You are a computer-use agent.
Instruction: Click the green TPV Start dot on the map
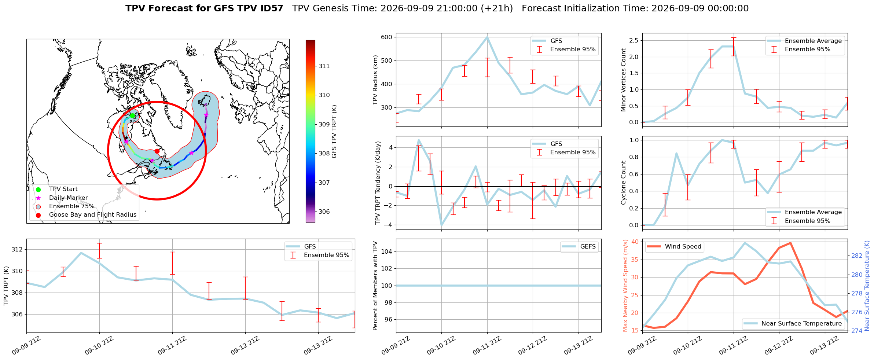[x=132, y=115]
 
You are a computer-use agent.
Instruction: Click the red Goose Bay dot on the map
[x=157, y=151]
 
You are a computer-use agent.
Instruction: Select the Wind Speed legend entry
[x=674, y=247]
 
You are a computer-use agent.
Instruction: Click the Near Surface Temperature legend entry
[x=793, y=323]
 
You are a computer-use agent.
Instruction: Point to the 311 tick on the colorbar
[x=324, y=66]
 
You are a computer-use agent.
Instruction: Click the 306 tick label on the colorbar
[x=324, y=212]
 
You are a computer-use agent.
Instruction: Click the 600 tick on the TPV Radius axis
[x=387, y=37]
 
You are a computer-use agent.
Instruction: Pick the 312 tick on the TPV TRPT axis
[x=18, y=250]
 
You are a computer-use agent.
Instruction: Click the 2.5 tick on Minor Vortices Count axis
[x=635, y=40]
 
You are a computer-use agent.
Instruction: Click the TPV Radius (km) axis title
[x=375, y=80]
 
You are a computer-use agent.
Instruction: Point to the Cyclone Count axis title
[x=623, y=182]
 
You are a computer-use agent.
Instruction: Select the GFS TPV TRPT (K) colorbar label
[x=334, y=132]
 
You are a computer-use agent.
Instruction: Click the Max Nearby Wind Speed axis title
[x=625, y=286]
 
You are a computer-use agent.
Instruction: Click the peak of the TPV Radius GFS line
[x=487, y=37]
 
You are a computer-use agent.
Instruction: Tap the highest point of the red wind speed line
[x=790, y=243]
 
